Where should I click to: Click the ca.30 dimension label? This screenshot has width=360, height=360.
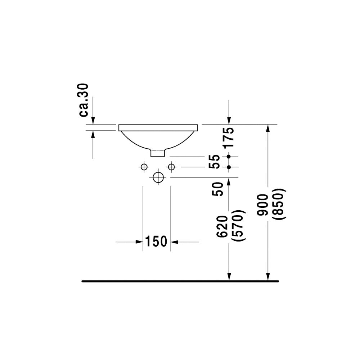tap(84, 100)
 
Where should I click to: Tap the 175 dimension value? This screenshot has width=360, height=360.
tap(229, 137)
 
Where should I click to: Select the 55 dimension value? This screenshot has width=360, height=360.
tap(215, 162)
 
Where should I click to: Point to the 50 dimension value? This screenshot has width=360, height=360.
tap(217, 189)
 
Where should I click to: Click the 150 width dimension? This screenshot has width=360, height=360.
tap(156, 241)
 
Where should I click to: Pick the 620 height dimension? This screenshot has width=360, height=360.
tap(222, 226)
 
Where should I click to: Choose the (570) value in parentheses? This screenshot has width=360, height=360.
tap(239, 225)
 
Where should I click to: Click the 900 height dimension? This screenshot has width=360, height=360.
tap(262, 205)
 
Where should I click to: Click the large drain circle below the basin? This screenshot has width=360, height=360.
tap(158, 177)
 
